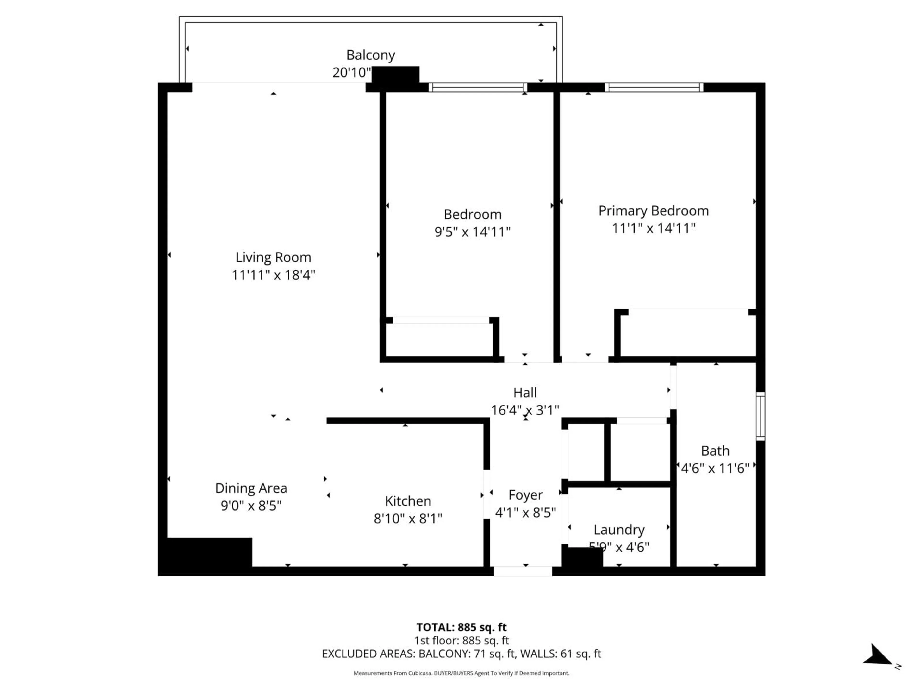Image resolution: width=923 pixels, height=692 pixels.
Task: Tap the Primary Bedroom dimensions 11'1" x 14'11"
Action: tap(654, 228)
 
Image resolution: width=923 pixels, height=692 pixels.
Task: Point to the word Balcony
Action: tap(371, 55)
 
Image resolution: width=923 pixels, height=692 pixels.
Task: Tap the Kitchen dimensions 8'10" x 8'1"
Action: tap(408, 519)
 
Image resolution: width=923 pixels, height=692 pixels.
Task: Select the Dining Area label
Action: tap(251, 488)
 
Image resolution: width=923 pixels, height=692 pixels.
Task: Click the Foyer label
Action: tap(525, 495)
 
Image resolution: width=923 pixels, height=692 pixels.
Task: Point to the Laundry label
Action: tap(619, 530)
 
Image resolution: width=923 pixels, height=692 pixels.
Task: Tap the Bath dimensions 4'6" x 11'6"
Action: tap(715, 469)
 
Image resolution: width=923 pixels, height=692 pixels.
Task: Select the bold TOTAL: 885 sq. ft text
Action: tap(461, 627)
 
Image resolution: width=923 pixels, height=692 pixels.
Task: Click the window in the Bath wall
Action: tap(760, 416)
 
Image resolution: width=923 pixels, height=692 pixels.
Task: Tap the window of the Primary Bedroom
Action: tap(654, 87)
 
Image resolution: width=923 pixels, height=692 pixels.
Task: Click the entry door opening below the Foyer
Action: tap(523, 571)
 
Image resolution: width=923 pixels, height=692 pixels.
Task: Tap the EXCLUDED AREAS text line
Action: tap(461, 654)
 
